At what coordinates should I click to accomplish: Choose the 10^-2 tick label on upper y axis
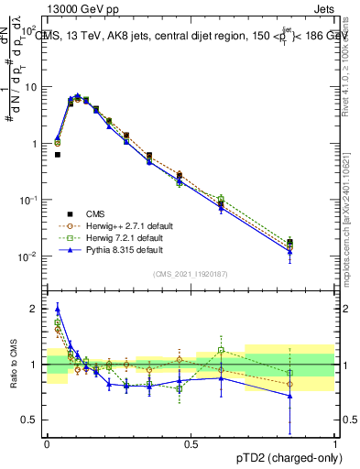coord(27,256)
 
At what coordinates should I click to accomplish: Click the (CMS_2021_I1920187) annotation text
coord(191,274)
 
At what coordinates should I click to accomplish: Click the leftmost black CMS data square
coord(58,155)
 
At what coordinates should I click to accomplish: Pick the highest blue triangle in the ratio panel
coord(58,309)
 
